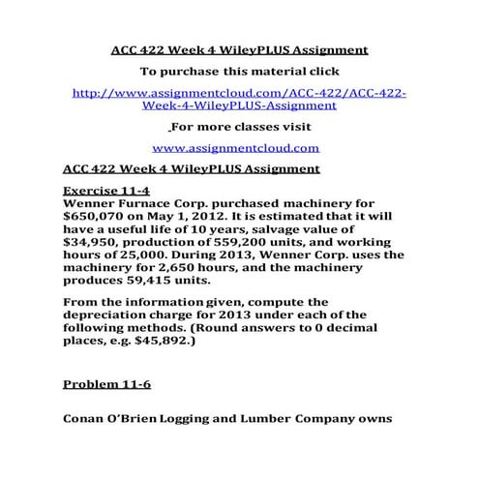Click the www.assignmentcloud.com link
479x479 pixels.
pos(235,148)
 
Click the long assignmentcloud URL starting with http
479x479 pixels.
pos(239,99)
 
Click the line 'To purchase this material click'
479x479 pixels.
pos(236,71)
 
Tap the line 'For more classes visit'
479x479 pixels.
pos(237,127)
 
